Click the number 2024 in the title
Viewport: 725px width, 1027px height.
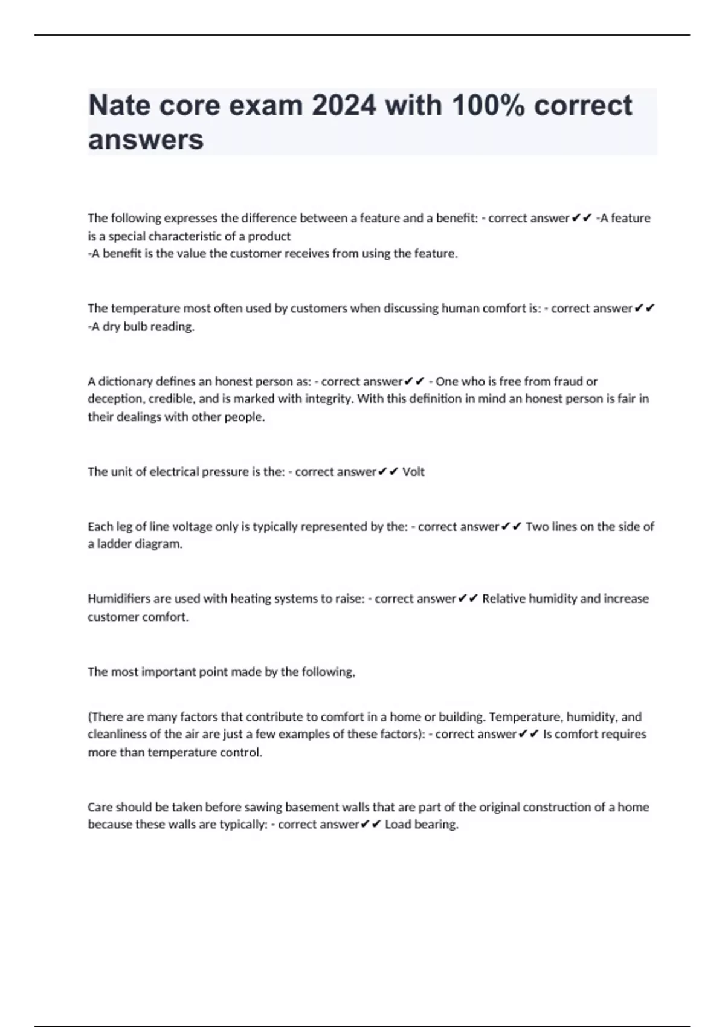tap(344, 106)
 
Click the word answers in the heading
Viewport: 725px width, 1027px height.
tap(146, 140)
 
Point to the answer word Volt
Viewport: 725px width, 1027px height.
tap(413, 472)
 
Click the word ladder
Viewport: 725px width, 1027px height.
tap(114, 544)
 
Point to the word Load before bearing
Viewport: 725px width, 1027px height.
tap(397, 825)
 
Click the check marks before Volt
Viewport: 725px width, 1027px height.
tap(388, 472)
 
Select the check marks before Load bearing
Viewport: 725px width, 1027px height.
tap(371, 825)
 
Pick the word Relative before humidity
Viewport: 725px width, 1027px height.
tap(503, 599)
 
